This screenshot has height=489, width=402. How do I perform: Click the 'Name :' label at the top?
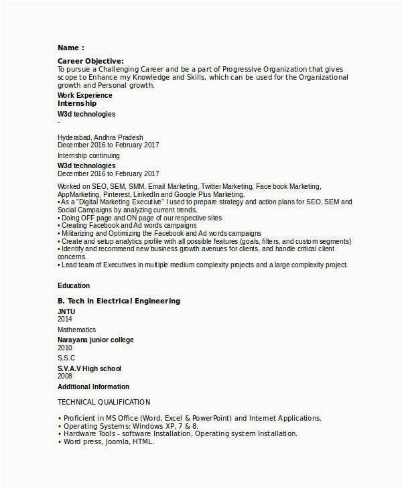pyautogui.click(x=70, y=48)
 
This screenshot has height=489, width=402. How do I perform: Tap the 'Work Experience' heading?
pyautogui.click(x=85, y=95)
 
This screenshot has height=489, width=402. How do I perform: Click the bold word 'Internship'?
pyautogui.click(x=77, y=104)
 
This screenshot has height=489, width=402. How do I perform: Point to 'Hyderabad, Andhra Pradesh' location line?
pyautogui.click(x=100, y=137)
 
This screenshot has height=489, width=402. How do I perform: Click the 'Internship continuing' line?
pyautogui.click(x=88, y=155)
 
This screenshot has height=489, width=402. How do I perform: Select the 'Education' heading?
pyautogui.click(x=74, y=285)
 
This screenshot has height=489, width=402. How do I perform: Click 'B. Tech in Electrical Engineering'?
pyautogui.click(x=119, y=301)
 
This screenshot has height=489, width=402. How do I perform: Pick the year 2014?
pyautogui.click(x=65, y=320)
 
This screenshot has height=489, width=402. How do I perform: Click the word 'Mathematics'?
pyautogui.click(x=76, y=330)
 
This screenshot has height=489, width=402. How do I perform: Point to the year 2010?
pyautogui.click(x=65, y=348)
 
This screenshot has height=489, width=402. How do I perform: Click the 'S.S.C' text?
pyautogui.click(x=67, y=358)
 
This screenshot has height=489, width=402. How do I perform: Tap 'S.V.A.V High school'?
pyautogui.click(x=89, y=369)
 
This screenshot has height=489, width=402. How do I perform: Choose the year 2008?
pyautogui.click(x=65, y=377)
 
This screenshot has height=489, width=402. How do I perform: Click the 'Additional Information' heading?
pyautogui.click(x=93, y=387)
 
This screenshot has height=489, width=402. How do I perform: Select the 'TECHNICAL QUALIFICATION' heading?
pyautogui.click(x=104, y=402)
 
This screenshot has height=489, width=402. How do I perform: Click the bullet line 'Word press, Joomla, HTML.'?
pyautogui.click(x=109, y=442)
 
